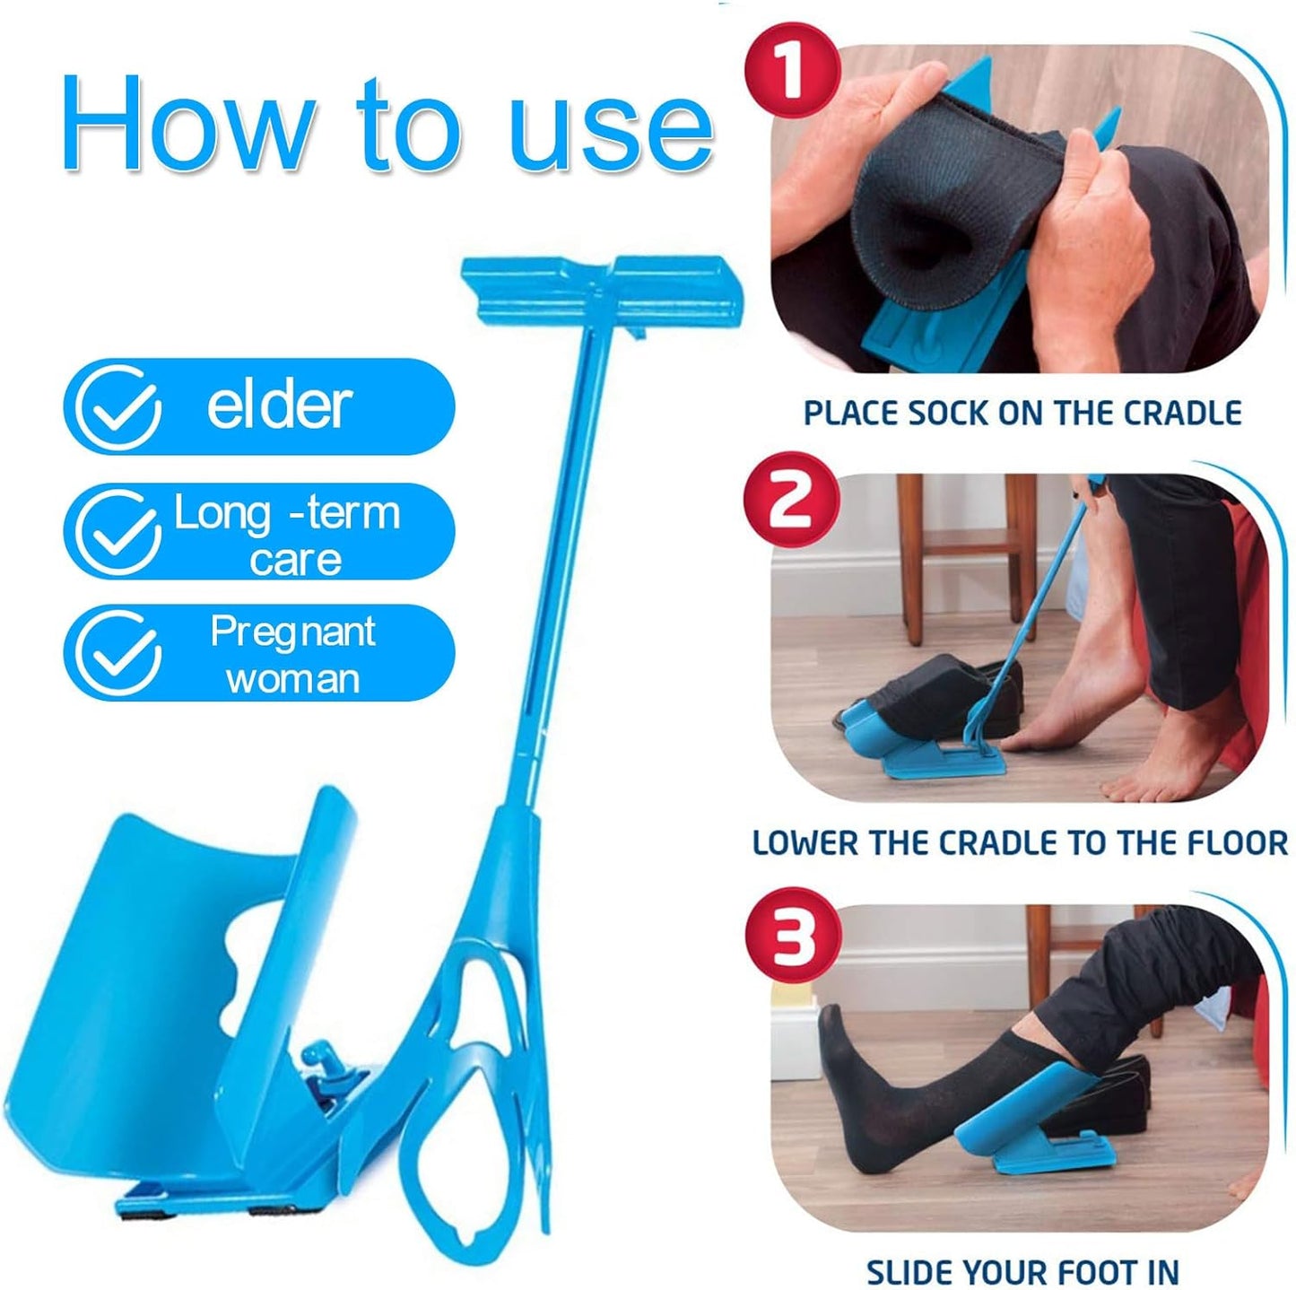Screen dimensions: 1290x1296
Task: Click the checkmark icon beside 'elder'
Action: pyautogui.click(x=117, y=407)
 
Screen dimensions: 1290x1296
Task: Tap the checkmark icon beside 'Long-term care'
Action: pyautogui.click(x=117, y=532)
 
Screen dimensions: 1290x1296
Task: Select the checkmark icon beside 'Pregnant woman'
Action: pyautogui.click(x=117, y=653)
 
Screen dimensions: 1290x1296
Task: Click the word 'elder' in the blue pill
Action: pyautogui.click(x=279, y=405)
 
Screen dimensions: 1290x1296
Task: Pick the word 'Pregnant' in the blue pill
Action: pyautogui.click(x=292, y=632)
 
